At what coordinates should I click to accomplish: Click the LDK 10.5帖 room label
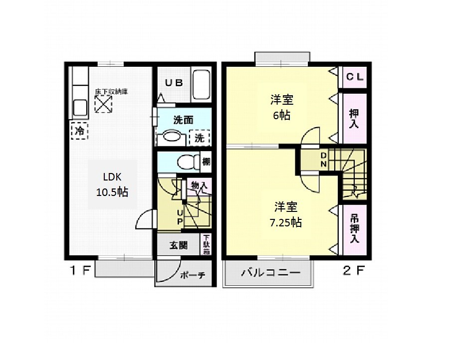[x=113, y=184]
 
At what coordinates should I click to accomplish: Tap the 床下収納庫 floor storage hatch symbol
[x=103, y=104]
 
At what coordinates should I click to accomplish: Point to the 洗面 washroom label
[x=183, y=120]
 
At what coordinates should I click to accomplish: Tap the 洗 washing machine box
[x=200, y=138]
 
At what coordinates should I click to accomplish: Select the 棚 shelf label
[x=206, y=162]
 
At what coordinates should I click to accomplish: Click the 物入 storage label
[x=199, y=185]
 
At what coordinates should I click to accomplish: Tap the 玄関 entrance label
[x=178, y=245]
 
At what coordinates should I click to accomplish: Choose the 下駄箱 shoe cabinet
[x=207, y=245]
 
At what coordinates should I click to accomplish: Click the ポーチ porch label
[x=189, y=276]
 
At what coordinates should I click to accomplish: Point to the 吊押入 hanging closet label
[x=355, y=228]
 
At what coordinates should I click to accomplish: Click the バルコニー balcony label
[x=270, y=273]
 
